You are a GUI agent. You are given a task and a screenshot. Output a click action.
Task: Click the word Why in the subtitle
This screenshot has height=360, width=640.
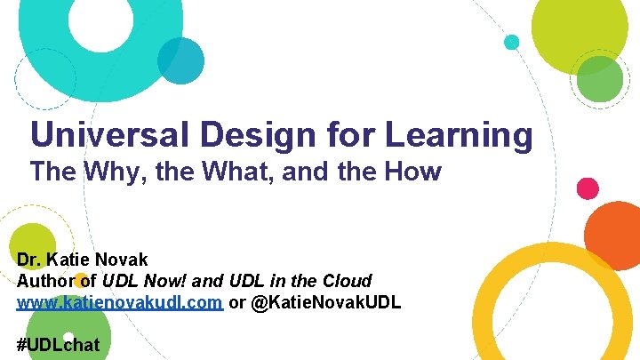[113, 172]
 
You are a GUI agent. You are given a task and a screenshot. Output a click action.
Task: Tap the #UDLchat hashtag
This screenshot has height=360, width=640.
[59, 344]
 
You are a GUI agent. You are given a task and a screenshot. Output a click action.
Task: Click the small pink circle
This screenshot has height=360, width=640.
[588, 188]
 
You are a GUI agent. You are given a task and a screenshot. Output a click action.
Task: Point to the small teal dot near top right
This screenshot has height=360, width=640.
[511, 42]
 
